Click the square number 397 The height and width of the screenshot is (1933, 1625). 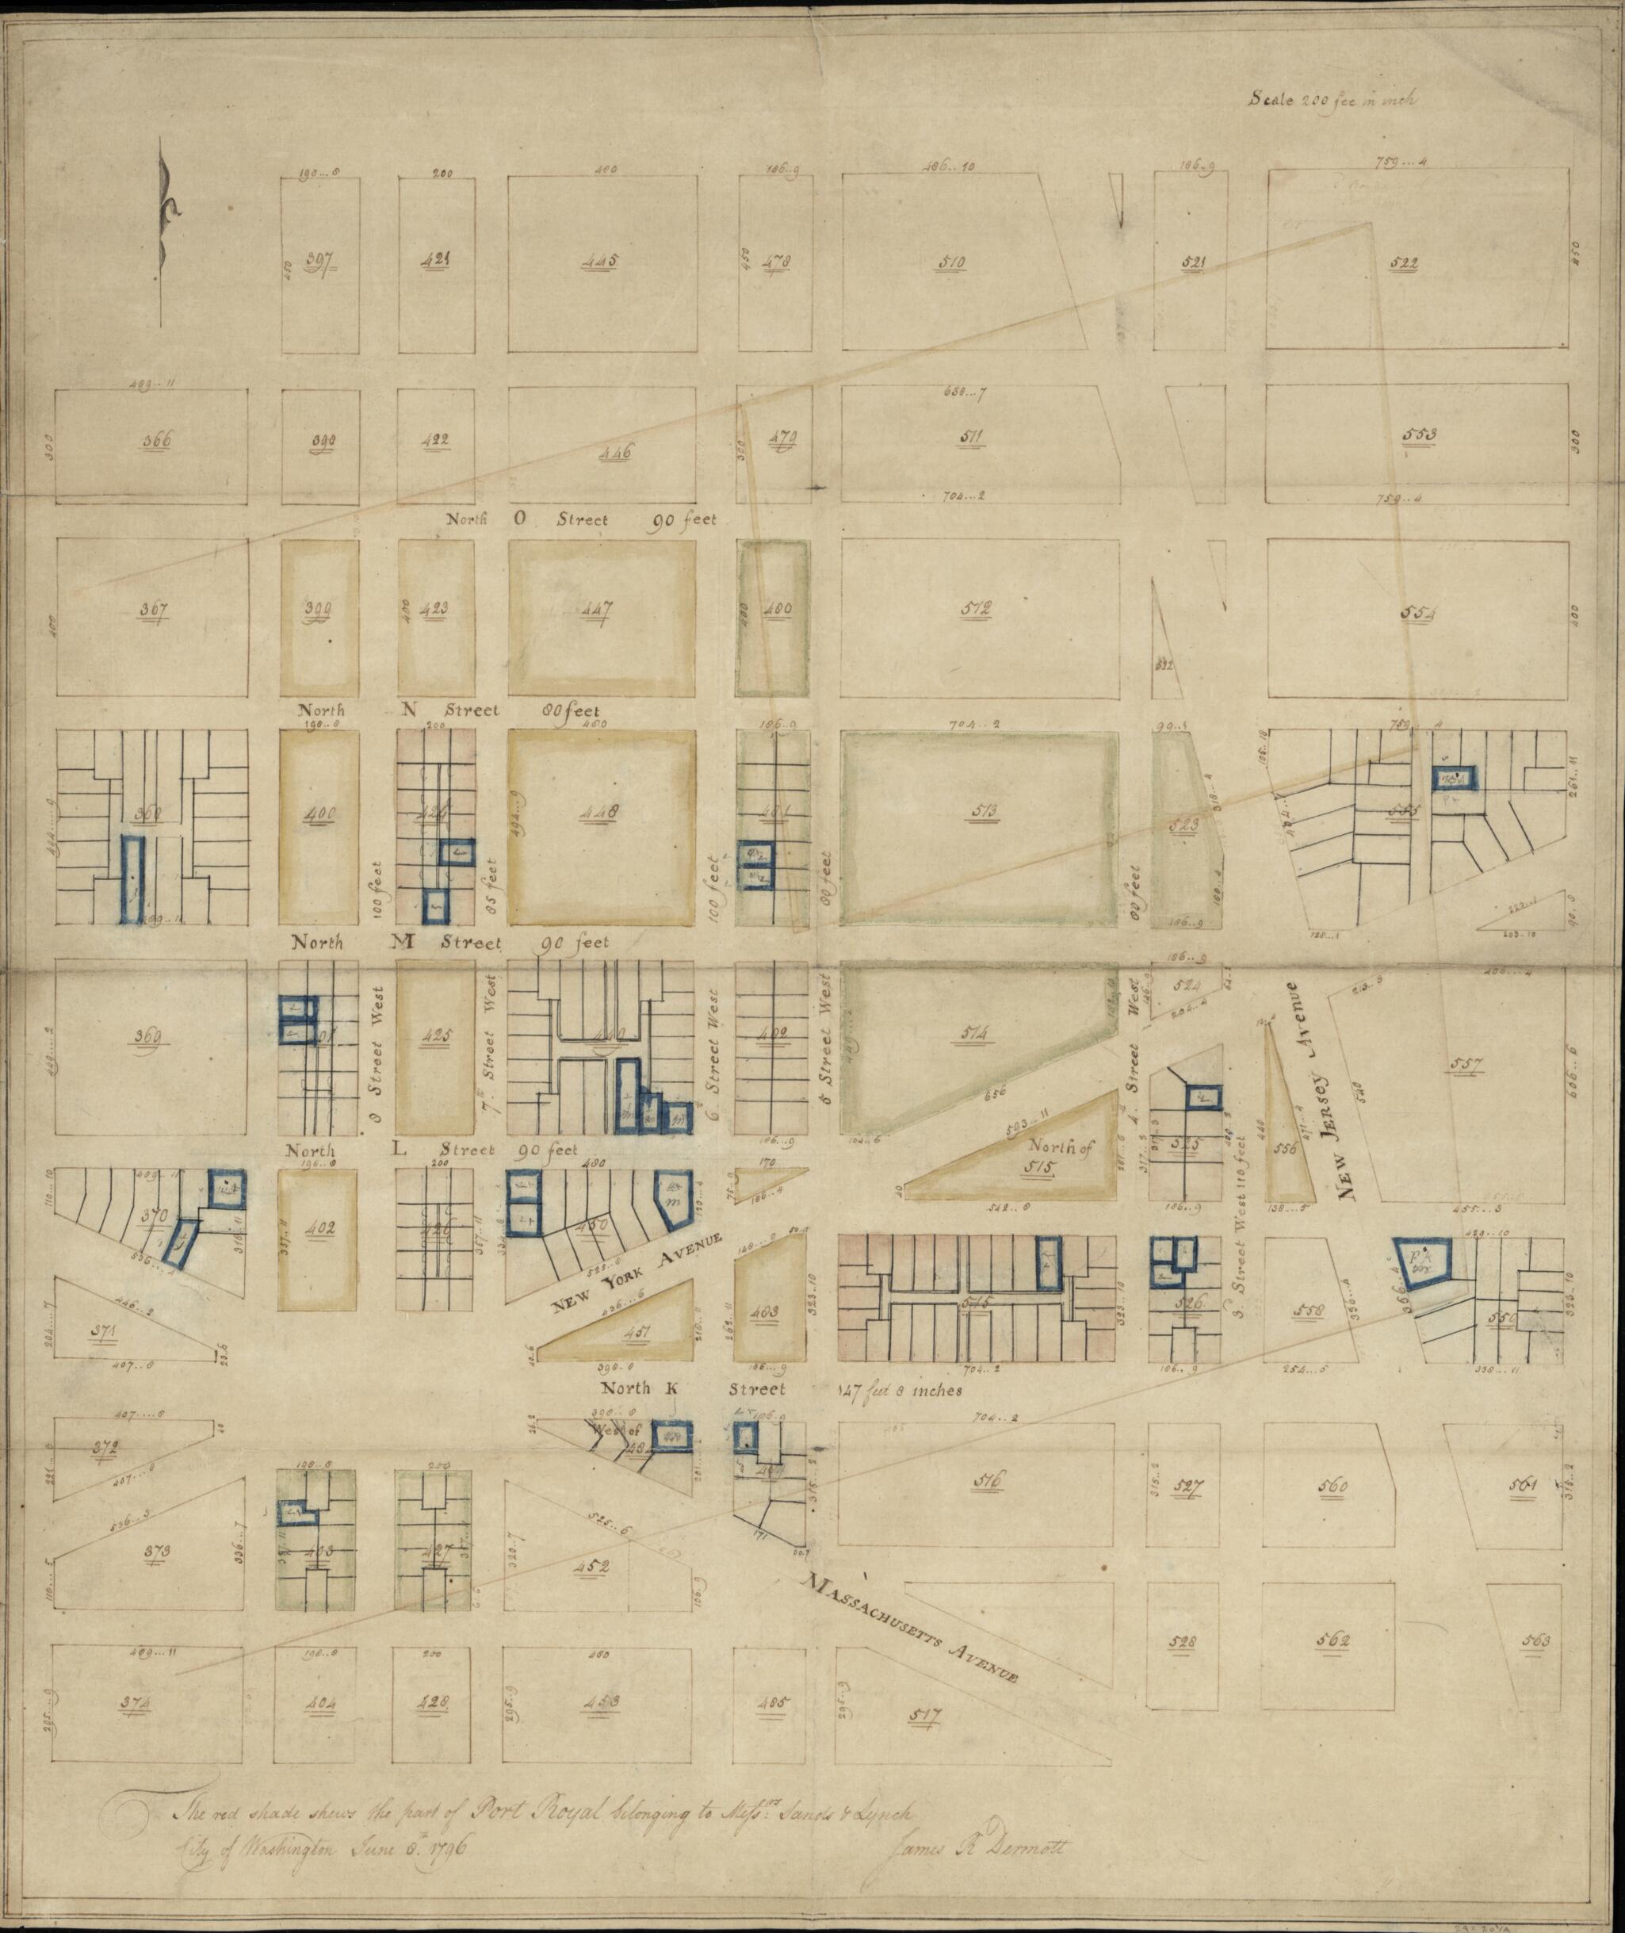pos(319,259)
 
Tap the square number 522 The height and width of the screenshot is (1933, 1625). pos(1404,262)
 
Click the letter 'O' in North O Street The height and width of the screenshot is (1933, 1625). pos(519,519)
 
